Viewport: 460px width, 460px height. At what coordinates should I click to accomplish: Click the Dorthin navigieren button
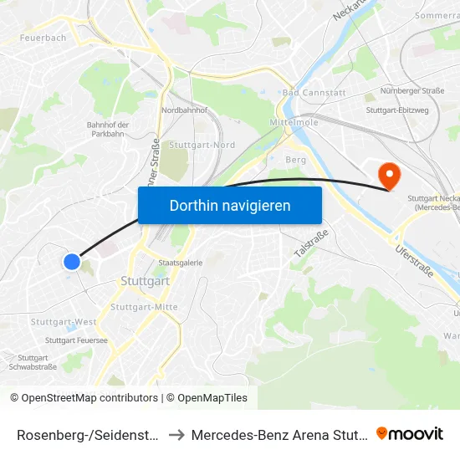point(230,205)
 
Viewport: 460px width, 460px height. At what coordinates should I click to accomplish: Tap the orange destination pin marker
point(389,176)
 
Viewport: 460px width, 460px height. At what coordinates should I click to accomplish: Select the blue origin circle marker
point(72,262)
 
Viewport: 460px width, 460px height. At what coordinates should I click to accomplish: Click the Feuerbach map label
point(43,38)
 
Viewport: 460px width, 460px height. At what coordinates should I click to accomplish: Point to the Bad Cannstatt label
point(309,92)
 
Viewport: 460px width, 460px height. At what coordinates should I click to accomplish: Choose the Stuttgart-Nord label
point(202,146)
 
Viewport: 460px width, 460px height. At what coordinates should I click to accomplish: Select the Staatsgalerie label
point(181,263)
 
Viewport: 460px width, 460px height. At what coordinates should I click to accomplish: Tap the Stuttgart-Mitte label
point(144,307)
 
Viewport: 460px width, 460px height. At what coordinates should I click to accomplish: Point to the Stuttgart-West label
point(64,322)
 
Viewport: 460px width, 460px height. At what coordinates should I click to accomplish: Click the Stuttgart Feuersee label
point(76,340)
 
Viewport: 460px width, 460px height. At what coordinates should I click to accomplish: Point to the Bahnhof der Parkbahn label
point(108,130)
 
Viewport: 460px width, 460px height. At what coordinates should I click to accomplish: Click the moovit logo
point(410,433)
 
